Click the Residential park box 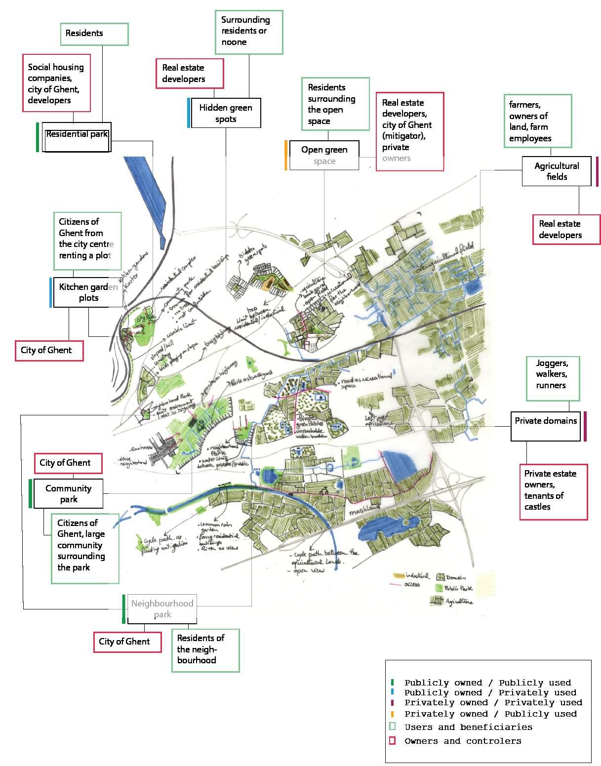point(77,137)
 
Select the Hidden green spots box point(226,113)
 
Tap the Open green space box point(324,156)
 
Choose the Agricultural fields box point(557,171)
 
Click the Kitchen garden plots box point(88,292)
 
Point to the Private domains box point(545,426)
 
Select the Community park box point(69,493)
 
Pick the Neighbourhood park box point(162,608)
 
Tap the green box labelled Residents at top point(94,34)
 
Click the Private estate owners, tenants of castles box point(554,491)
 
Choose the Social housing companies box point(57,83)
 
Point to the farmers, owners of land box point(537,121)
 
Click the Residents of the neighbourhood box point(205,649)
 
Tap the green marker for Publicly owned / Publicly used point(392,683)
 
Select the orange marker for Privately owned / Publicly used point(392,714)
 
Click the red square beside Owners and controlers point(393,740)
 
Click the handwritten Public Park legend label point(459,588)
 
